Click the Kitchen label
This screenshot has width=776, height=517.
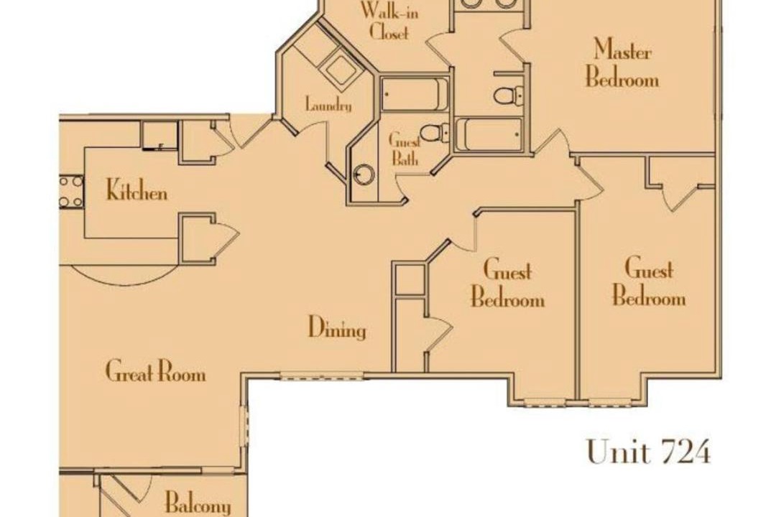137,190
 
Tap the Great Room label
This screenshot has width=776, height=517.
155,371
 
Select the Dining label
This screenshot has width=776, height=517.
338,328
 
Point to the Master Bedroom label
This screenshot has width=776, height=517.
622,64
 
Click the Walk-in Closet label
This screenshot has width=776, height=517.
389,21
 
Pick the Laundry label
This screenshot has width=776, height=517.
328,106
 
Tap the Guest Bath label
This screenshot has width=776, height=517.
405,149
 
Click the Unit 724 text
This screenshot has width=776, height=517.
649,451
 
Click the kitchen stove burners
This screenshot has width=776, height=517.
71,192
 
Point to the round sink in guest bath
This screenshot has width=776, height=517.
364,174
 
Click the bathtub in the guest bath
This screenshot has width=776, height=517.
415,94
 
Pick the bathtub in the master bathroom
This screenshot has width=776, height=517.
489,134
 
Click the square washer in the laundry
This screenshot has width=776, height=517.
340,69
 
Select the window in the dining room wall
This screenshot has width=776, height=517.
322,377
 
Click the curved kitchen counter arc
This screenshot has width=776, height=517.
122,275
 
